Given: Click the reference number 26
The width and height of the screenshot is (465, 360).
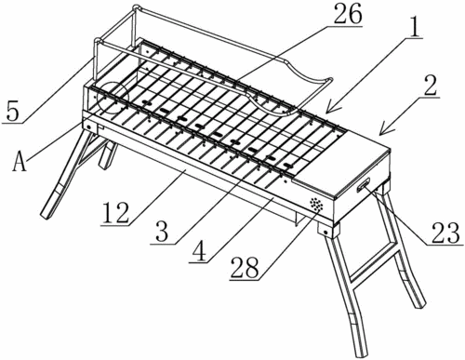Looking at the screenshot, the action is point(348,14).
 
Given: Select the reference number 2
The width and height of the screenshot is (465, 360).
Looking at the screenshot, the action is point(430,86).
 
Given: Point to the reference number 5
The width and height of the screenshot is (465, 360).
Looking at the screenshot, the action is point(12,112).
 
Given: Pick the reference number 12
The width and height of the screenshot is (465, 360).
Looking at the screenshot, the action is point(115,213).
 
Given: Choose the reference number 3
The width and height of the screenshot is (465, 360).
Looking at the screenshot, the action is point(162,231).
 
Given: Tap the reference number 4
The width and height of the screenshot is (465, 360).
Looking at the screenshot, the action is point(199,250).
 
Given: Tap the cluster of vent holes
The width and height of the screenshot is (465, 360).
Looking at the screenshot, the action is point(316,205).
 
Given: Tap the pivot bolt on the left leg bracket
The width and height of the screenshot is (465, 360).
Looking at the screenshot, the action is point(89,127).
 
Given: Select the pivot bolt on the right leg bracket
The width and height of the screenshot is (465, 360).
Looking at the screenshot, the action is point(325,232).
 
